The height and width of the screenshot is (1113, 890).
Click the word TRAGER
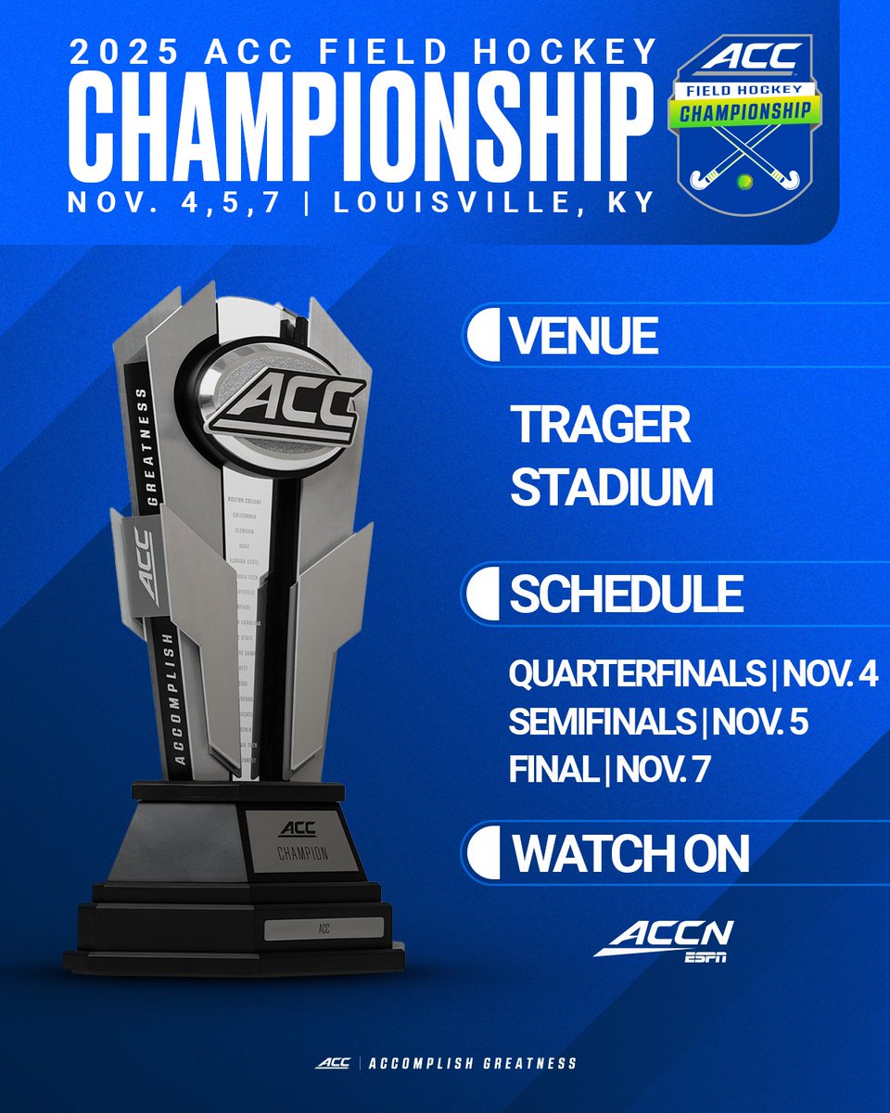click(600, 426)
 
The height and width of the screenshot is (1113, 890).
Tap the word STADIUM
click(612, 488)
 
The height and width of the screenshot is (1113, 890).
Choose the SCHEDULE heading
click(626, 595)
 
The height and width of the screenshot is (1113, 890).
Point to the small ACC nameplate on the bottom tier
click(324, 927)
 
